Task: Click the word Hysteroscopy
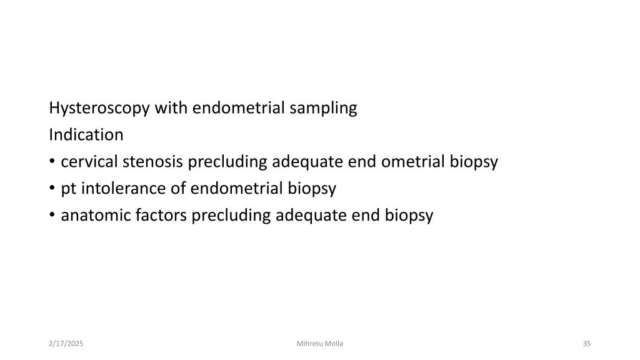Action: point(99,108)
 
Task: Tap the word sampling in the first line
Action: point(323,108)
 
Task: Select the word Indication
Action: point(86,134)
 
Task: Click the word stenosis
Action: point(154,162)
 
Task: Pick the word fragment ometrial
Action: point(412,162)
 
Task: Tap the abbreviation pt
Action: point(67,189)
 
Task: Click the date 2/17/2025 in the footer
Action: point(67,343)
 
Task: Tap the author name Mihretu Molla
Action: point(320,343)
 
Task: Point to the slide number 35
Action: point(586,343)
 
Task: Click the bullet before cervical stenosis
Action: point(52,162)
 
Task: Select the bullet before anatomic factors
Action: point(52,216)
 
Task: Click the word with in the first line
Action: point(171,108)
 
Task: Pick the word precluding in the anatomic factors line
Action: point(231,216)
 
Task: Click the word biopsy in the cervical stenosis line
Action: point(473,162)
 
